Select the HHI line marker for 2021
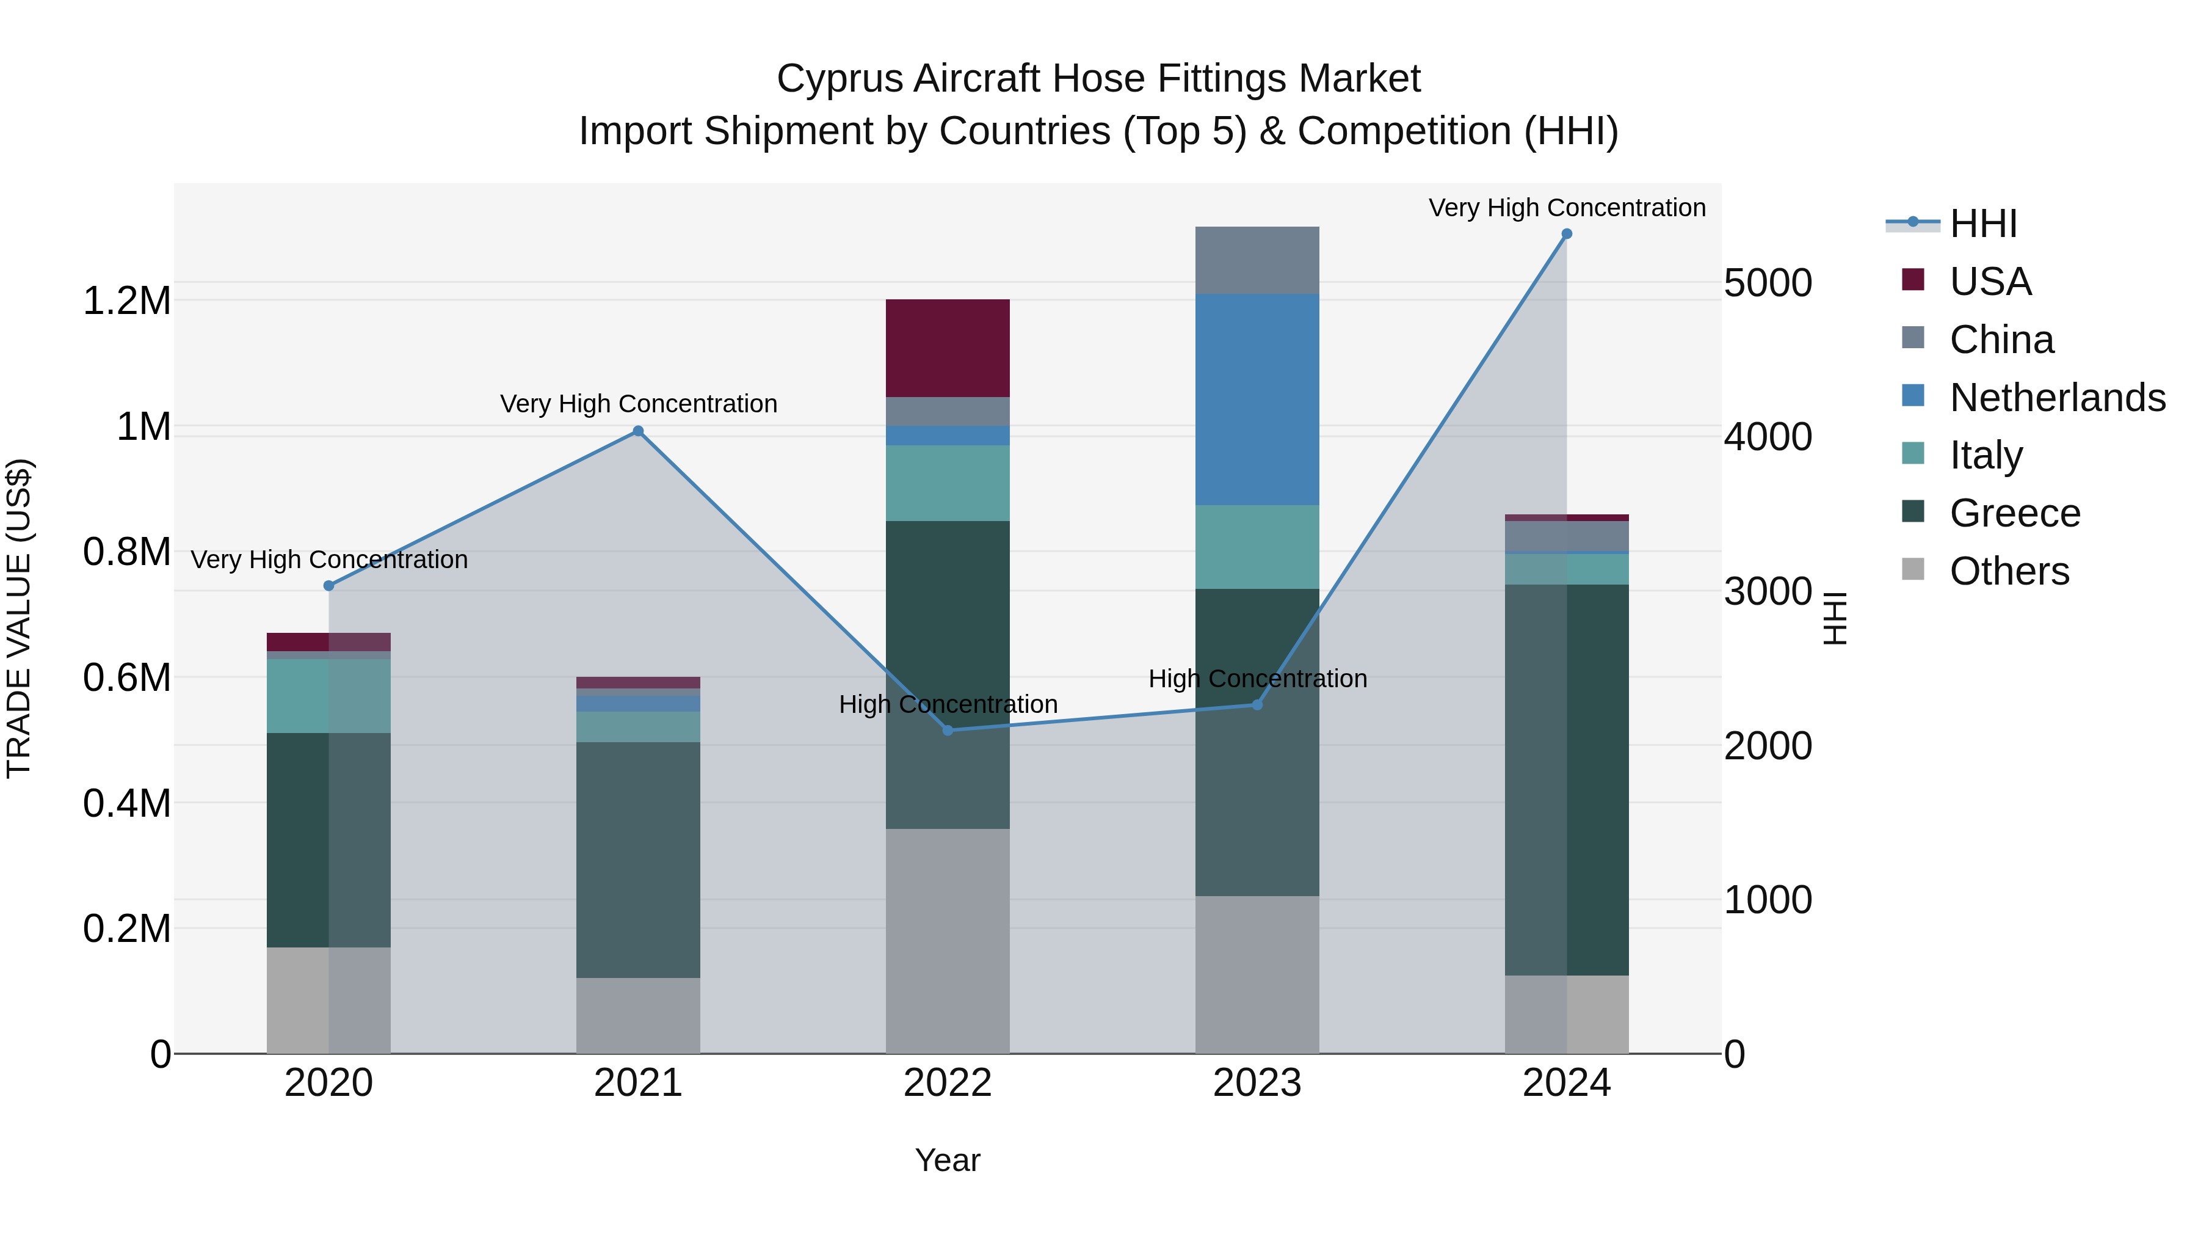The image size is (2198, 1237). (637, 431)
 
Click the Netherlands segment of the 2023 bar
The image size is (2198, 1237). (1257, 400)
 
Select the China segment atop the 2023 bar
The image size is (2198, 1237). (1257, 260)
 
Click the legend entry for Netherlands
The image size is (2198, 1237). (2057, 398)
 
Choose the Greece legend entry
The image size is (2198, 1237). (2015, 513)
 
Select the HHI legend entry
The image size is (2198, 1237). (1983, 224)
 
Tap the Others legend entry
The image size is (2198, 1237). (2009, 571)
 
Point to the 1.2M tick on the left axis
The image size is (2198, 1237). (126, 301)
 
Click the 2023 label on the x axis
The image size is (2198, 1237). (1257, 1083)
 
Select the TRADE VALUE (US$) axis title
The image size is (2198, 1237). (19, 618)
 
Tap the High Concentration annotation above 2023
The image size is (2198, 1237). (1257, 679)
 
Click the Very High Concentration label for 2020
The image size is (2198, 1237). (328, 560)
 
